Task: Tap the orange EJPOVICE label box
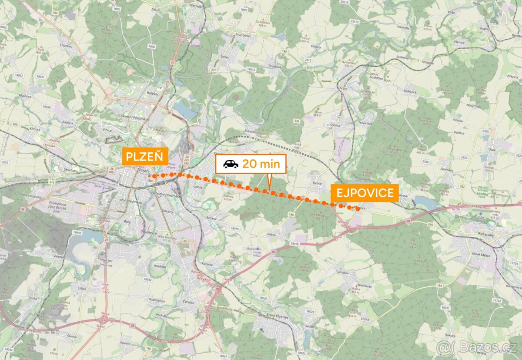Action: (x=365, y=192)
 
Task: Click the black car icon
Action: (x=231, y=164)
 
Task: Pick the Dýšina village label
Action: (x=335, y=125)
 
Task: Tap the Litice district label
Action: (x=81, y=288)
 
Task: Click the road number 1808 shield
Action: (x=151, y=47)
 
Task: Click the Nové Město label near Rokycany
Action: (x=481, y=255)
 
